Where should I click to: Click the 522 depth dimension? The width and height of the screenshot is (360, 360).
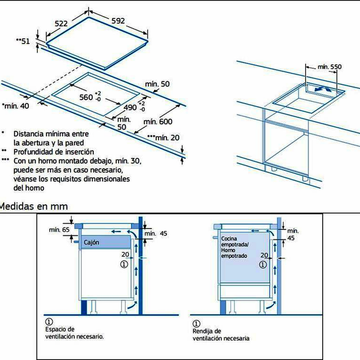(x=64, y=24)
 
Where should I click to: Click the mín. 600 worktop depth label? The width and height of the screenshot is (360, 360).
(x=158, y=121)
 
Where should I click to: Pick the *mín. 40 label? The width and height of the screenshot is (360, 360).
(x=16, y=106)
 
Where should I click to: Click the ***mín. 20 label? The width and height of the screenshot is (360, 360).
(x=166, y=138)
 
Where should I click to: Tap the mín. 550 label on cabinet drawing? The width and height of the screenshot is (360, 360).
(x=329, y=67)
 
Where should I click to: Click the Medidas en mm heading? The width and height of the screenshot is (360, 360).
(x=34, y=207)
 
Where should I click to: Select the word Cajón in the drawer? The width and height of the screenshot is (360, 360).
(x=91, y=242)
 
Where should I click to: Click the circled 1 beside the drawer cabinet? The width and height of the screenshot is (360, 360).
(x=125, y=265)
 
